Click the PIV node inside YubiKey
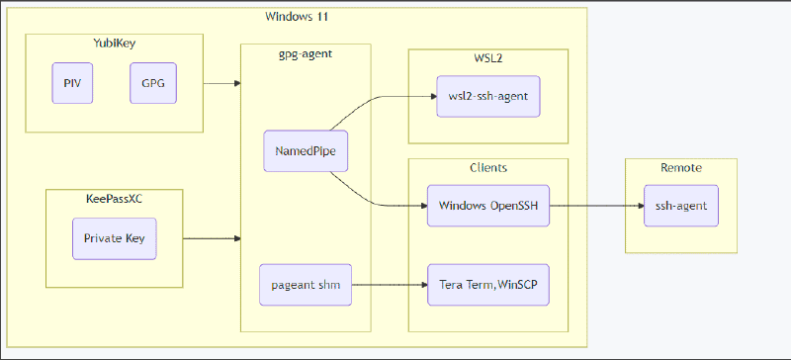coord(72,84)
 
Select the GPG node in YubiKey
coord(152,84)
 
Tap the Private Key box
coord(114,238)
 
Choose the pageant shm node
coord(305,285)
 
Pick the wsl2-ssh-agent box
coord(487,96)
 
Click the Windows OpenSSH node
coord(487,206)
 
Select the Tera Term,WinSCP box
coord(487,285)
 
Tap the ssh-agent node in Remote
coord(681,206)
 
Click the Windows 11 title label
coord(298,17)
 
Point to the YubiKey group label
coord(114,43)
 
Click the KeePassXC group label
coord(114,198)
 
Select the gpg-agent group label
coord(305,53)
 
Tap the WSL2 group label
coord(487,58)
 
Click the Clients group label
coord(487,167)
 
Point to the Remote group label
coord(681,167)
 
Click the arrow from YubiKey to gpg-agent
coord(221,84)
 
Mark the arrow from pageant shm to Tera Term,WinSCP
coord(390,285)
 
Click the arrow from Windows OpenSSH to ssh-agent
coord(587,206)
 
